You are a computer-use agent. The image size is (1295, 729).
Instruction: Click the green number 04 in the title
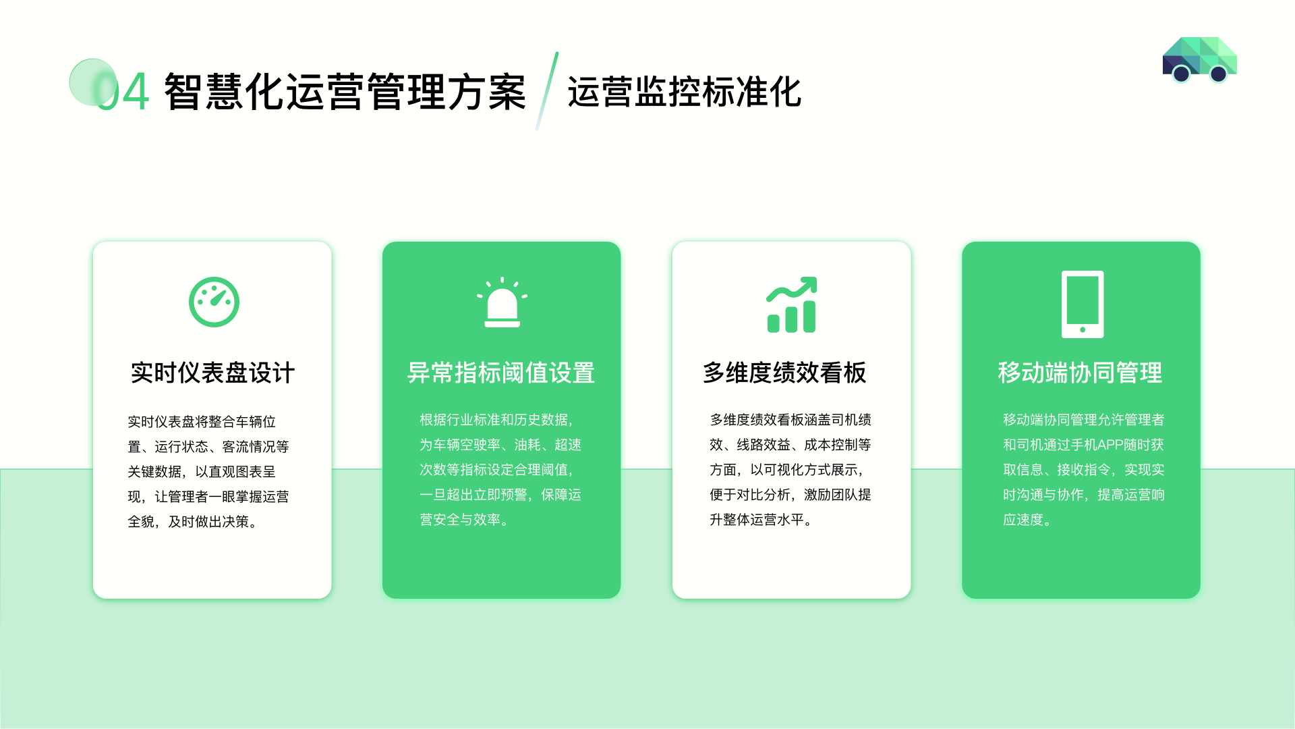tap(123, 92)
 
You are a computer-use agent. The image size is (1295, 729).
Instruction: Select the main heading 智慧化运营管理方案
tap(345, 92)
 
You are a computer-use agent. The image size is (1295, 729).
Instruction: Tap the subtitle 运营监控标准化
tap(684, 92)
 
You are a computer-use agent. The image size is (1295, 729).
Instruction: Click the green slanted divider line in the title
tap(547, 91)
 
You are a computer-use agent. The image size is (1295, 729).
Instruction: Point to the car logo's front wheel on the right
tap(1218, 74)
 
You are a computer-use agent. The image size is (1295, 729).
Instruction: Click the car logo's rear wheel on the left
tap(1181, 74)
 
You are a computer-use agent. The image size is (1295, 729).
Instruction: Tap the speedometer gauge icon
tap(214, 302)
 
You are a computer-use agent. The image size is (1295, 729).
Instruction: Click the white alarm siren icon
tap(502, 302)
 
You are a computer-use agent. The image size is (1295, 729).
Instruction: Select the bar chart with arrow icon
tap(792, 304)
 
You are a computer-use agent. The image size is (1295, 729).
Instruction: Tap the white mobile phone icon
tap(1083, 304)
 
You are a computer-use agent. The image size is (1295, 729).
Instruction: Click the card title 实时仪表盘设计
tap(212, 373)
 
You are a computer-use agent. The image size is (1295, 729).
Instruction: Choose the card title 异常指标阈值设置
tap(501, 373)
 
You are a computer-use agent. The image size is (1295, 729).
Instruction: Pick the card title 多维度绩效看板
tap(784, 373)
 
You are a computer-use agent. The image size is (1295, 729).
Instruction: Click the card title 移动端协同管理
tap(1081, 373)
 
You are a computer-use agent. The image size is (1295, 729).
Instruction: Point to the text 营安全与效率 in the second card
tap(460, 520)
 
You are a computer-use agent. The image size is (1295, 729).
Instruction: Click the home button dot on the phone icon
tap(1083, 330)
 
